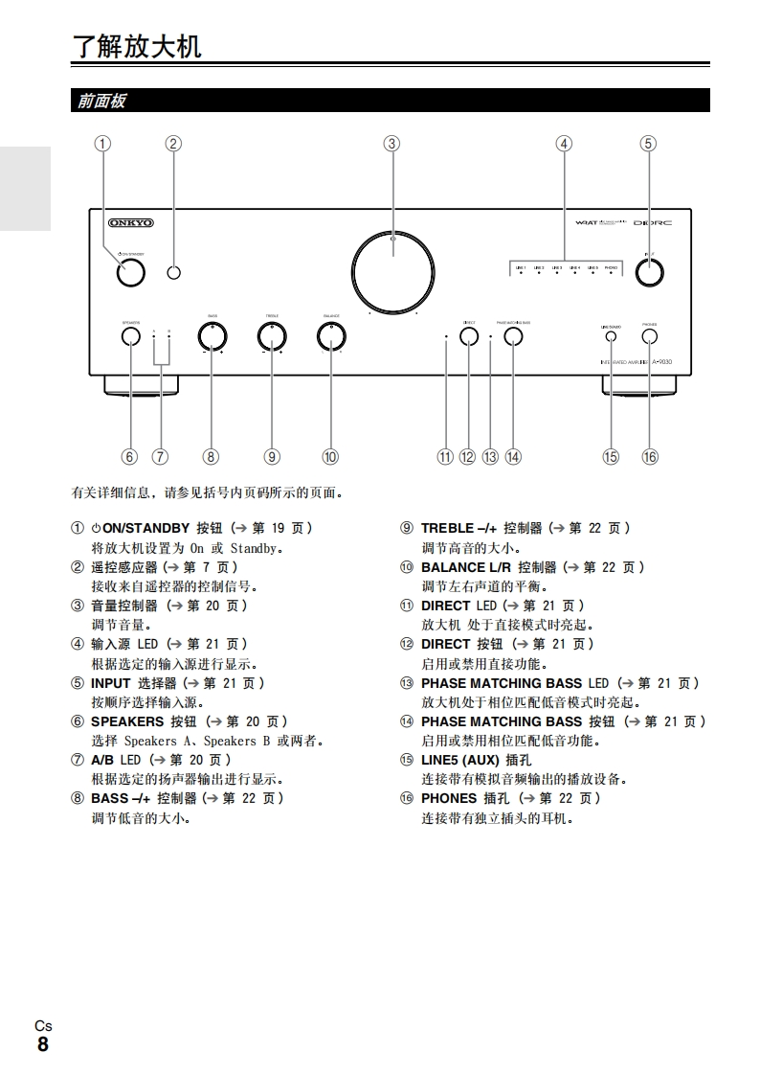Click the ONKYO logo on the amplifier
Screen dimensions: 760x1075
[x=130, y=222]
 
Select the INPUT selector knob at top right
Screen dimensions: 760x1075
[x=649, y=272]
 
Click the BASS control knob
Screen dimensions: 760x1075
[x=212, y=336]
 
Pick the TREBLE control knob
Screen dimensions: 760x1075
[x=272, y=336]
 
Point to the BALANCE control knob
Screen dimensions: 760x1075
[x=331, y=336]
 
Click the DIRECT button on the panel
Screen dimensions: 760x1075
[x=469, y=336]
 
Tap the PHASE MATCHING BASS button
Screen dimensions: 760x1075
[x=514, y=336]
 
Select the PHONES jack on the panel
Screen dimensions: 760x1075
[x=650, y=336]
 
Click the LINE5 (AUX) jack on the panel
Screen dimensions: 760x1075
[x=611, y=336]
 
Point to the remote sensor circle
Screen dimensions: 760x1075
[x=173, y=273]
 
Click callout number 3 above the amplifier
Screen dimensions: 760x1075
[x=391, y=144]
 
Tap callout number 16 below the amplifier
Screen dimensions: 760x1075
[x=650, y=457]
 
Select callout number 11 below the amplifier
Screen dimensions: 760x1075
[x=445, y=457]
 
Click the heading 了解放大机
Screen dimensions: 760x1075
[x=138, y=46]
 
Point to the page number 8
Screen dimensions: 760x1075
[x=43, y=1044]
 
